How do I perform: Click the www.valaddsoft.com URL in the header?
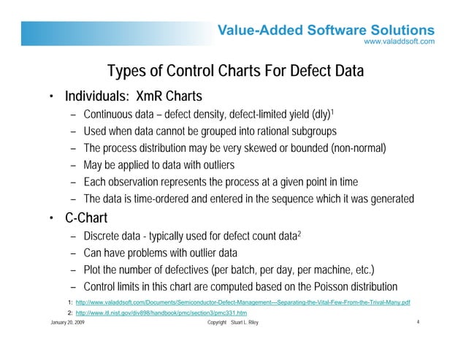coord(400,42)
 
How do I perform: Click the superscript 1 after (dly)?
coord(333,112)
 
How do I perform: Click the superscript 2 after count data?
coord(299,231)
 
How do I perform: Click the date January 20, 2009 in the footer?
coord(66,322)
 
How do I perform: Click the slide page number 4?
coord(415,322)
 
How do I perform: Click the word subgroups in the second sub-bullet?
coord(309,132)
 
